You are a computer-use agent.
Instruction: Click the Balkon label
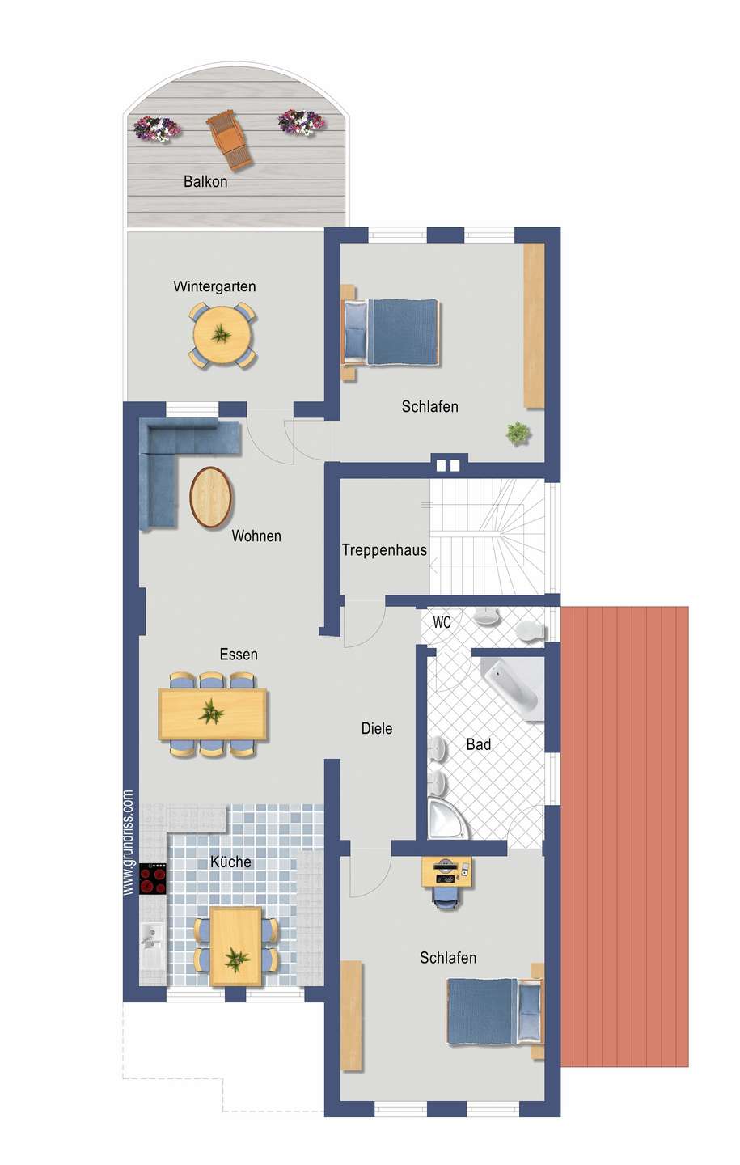(x=205, y=181)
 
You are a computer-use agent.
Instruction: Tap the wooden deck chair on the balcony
(x=230, y=140)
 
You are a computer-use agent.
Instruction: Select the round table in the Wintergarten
(x=222, y=335)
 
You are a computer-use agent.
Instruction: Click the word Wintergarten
(x=214, y=286)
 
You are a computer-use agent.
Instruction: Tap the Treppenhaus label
(x=384, y=550)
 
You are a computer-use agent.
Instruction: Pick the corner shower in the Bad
(x=447, y=819)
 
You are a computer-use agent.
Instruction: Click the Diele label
(x=377, y=729)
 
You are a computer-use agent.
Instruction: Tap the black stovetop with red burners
(x=153, y=879)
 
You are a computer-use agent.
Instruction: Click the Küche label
(x=230, y=862)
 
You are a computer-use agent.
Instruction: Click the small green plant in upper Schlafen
(x=518, y=433)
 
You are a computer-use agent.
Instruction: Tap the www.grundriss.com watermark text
(x=129, y=842)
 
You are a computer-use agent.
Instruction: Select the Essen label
(x=239, y=655)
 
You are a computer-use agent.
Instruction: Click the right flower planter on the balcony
(x=301, y=122)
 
